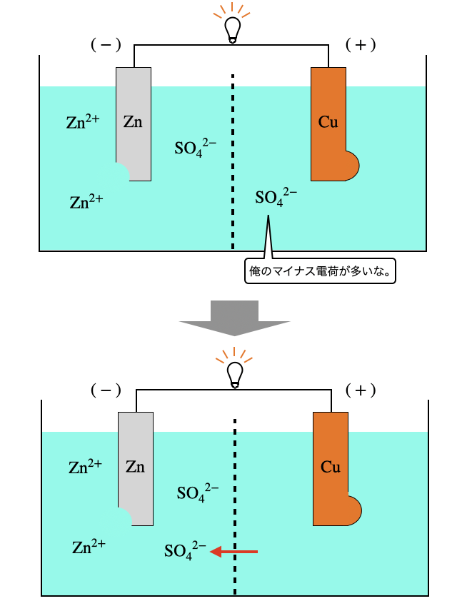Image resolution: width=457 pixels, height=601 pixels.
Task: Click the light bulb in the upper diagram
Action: click(x=232, y=29)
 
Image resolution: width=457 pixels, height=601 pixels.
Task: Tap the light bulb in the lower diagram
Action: click(x=235, y=373)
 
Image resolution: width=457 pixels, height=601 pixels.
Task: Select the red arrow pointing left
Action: click(x=234, y=551)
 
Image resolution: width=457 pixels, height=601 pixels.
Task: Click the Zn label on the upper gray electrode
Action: click(x=133, y=122)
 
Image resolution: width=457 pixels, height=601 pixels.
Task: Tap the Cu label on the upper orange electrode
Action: click(x=328, y=122)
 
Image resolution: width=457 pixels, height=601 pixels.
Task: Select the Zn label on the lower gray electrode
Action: click(x=135, y=468)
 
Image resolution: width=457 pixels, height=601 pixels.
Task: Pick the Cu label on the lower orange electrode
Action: click(x=330, y=468)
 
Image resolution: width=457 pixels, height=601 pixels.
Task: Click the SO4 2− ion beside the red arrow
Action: click(x=185, y=551)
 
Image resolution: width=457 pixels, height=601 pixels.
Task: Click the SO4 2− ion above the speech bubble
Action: click(x=276, y=197)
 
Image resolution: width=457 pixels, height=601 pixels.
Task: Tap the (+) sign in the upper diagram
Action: click(x=360, y=45)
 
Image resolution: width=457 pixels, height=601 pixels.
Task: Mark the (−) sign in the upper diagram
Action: click(x=106, y=45)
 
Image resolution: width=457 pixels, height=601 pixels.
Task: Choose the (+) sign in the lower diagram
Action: click(x=361, y=390)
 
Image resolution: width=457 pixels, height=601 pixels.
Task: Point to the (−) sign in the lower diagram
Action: click(x=106, y=390)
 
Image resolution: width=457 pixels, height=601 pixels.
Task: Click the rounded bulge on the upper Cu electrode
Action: click(x=351, y=166)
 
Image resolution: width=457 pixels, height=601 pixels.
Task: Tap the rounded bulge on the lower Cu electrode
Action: click(x=353, y=511)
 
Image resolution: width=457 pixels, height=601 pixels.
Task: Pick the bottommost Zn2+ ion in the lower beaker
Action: click(x=89, y=547)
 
